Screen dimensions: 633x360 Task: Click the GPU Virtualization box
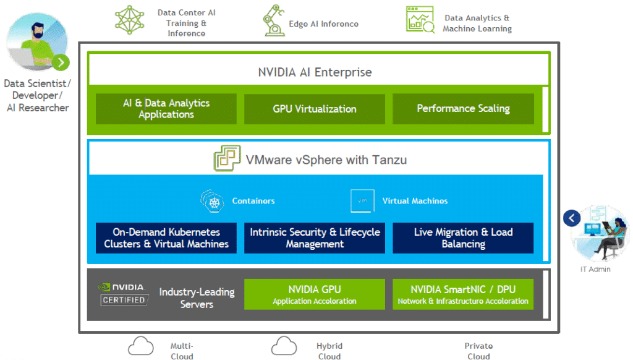(315, 109)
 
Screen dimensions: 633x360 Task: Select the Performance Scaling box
(463, 109)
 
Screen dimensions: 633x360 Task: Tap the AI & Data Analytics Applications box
(166, 109)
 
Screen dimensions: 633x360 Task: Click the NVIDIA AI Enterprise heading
(315, 72)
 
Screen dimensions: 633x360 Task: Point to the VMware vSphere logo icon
(227, 158)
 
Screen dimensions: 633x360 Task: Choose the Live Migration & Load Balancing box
(463, 238)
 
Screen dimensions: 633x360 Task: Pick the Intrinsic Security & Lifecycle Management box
(315, 238)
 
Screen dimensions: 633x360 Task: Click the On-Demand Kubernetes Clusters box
(166, 238)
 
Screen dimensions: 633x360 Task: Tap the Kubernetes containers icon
(213, 201)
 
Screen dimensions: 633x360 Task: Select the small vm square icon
(362, 201)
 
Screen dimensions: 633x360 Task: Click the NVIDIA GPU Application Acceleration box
(315, 294)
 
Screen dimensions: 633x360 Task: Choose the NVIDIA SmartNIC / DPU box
(463, 294)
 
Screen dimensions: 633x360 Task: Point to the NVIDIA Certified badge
(123, 294)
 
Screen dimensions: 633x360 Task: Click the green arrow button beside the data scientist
(61, 62)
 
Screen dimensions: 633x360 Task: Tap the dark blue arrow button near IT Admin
(572, 218)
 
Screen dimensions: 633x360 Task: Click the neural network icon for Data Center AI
(130, 20)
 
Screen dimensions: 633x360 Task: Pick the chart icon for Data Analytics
(420, 19)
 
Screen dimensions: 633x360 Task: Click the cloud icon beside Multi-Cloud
(141, 346)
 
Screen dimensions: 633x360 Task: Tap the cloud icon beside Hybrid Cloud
(284, 346)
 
